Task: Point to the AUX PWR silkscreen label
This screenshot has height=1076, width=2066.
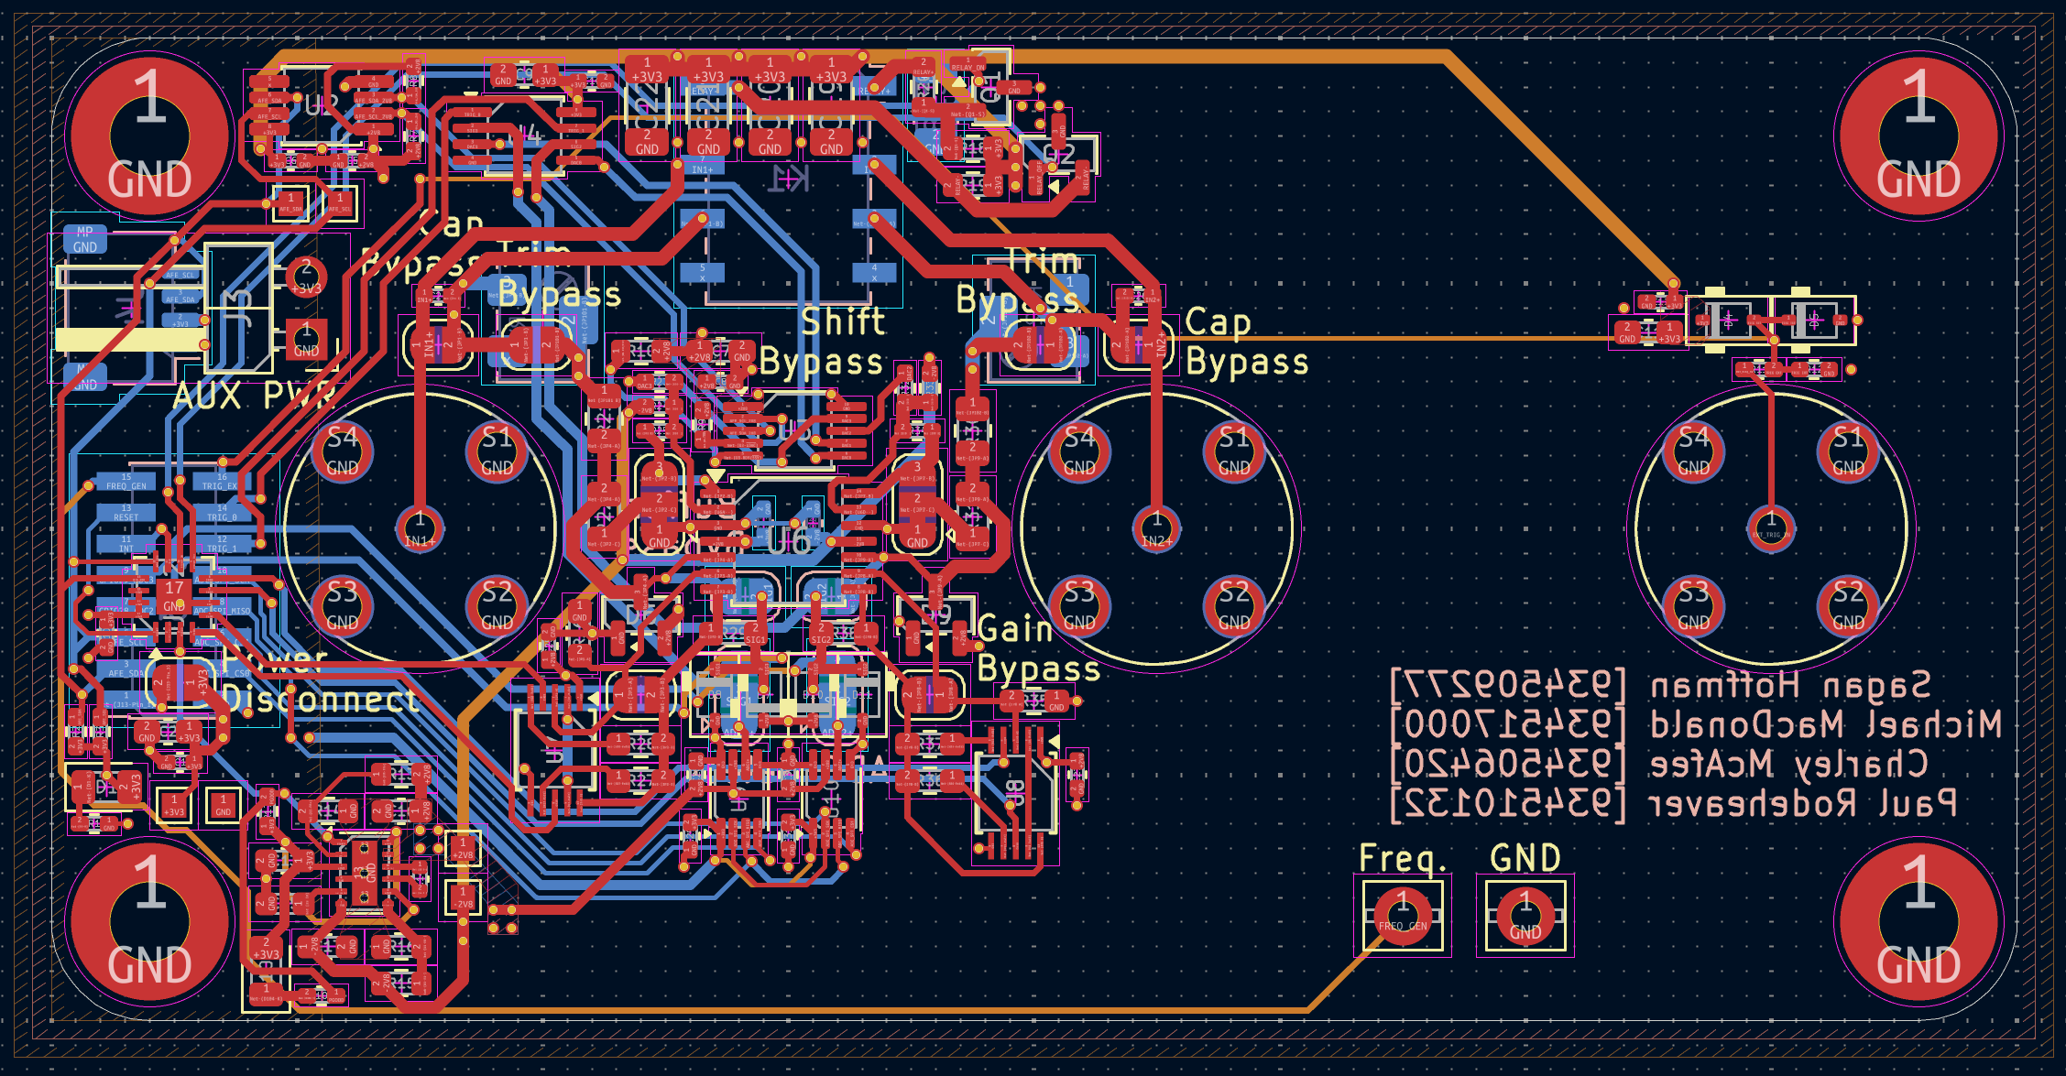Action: point(254,397)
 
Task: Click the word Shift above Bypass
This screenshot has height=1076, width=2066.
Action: point(843,321)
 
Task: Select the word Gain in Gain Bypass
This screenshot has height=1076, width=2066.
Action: point(1014,630)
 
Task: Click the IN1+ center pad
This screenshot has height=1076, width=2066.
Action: point(420,528)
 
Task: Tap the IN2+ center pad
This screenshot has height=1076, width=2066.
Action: point(1156,528)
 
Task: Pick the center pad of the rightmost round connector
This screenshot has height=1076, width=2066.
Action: point(1771,528)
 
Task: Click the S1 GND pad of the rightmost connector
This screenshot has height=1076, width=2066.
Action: point(1848,451)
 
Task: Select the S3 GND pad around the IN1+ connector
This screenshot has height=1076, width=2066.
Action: point(342,606)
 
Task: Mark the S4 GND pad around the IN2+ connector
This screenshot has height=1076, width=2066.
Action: point(1079,451)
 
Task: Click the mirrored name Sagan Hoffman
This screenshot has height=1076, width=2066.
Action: point(1790,685)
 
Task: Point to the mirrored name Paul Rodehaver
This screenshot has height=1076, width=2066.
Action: point(1802,804)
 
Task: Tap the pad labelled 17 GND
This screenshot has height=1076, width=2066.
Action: point(174,596)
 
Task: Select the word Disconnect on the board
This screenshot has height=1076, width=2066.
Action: point(321,701)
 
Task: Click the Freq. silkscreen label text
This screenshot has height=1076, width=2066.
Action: point(1402,859)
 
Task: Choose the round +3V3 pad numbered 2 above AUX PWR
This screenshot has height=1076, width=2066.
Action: point(306,276)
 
